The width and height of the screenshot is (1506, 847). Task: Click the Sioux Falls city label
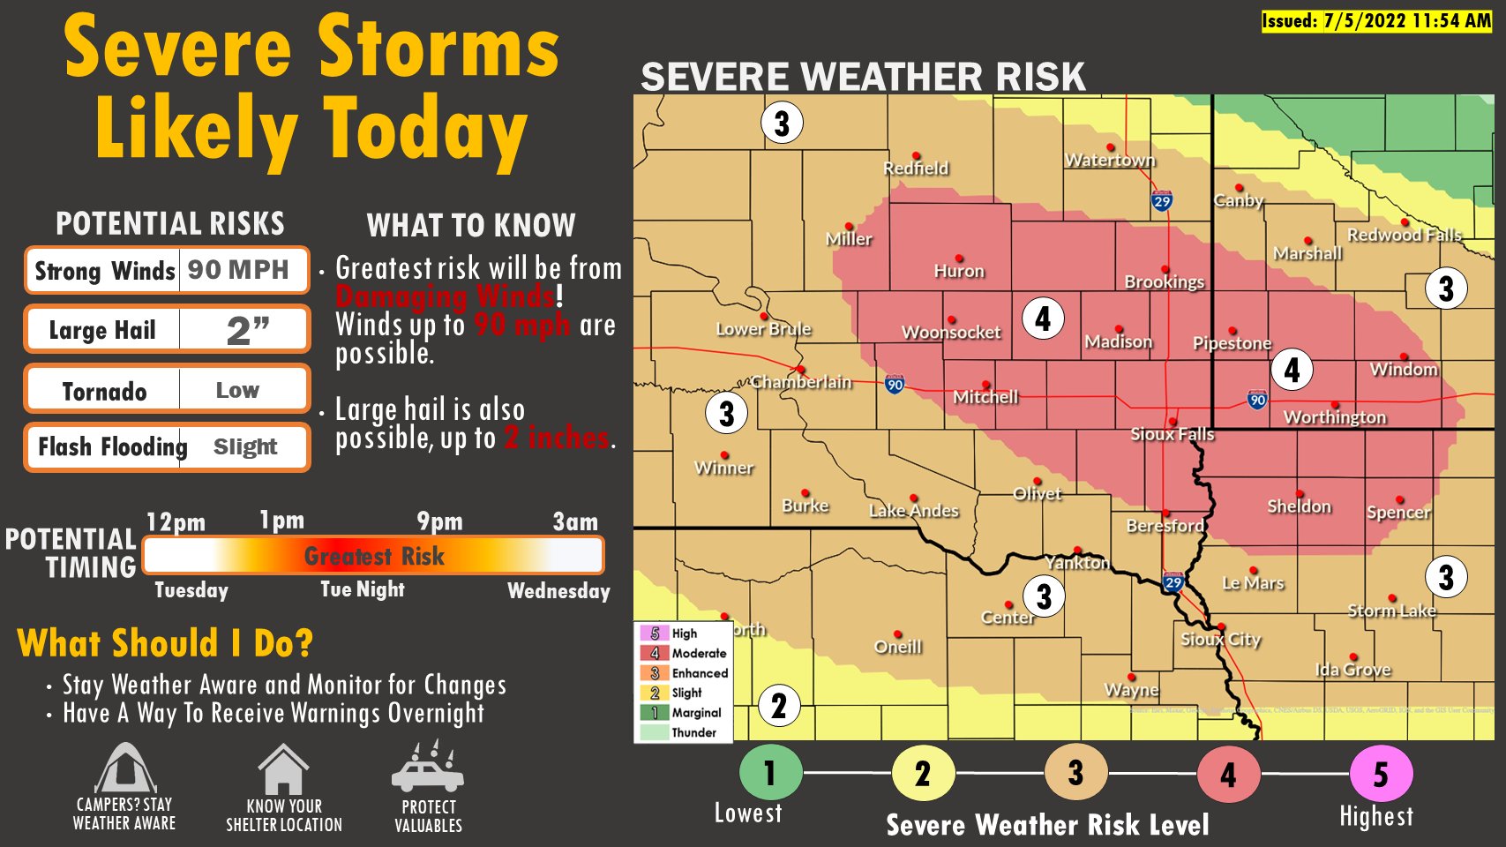1173,434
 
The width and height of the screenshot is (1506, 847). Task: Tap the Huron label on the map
959,271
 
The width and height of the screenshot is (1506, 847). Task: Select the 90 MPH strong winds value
238,270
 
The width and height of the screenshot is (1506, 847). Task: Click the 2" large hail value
247,330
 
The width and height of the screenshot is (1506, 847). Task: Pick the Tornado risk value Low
237,390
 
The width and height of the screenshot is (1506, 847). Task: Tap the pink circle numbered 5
1381,775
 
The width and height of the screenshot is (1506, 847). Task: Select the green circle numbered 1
770,773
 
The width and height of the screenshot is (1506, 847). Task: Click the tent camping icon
125,769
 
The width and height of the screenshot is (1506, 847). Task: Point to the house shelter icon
283,770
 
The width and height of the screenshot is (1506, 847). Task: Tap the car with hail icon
428,768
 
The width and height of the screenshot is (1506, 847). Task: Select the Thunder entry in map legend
693,732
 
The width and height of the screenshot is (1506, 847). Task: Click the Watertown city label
1110,160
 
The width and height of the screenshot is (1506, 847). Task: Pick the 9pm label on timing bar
439,521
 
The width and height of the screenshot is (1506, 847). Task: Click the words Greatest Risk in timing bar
374,556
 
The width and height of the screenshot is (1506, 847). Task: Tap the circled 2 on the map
779,706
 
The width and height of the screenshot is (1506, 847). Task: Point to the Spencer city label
1398,512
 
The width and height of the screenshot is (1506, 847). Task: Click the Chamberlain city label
801,382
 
